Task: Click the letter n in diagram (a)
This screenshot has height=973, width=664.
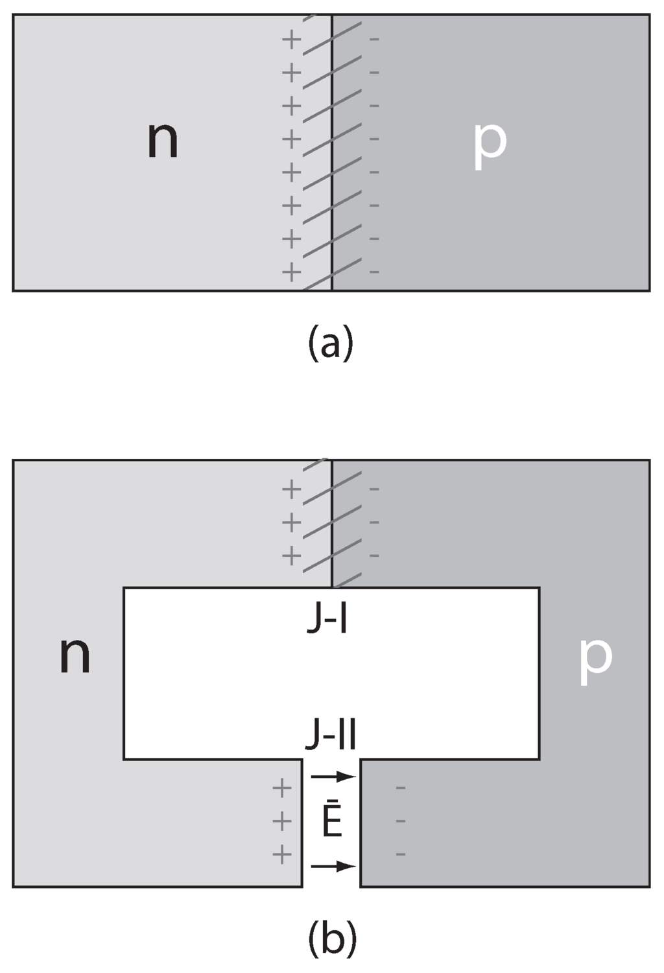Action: point(162,141)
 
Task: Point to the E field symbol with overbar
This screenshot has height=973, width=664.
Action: point(331,822)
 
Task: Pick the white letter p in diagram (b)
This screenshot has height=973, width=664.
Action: point(595,657)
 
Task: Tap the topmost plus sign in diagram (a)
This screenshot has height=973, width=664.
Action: point(292,40)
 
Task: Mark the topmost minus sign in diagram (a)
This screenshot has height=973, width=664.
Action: point(374,40)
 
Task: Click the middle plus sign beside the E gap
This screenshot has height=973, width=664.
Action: point(281,822)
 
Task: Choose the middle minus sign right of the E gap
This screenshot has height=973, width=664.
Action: point(401,821)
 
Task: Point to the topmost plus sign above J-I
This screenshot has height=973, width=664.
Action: point(292,489)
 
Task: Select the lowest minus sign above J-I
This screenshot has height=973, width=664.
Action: point(374,556)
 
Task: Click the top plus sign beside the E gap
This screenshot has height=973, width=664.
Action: point(281,789)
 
